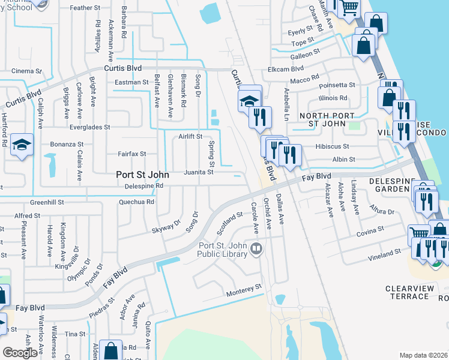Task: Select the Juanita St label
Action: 198,172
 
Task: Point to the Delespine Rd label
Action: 143,186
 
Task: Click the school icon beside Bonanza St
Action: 22,145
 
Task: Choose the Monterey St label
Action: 244,290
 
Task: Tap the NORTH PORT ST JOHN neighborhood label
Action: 323,119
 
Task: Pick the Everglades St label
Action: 89,127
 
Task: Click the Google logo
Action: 20,352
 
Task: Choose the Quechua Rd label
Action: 137,202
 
